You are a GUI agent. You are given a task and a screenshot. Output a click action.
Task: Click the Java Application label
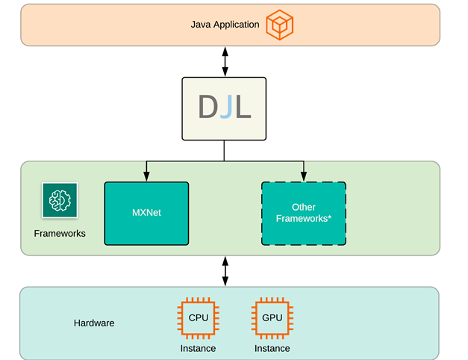225,25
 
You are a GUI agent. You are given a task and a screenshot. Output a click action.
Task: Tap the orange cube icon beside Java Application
280,25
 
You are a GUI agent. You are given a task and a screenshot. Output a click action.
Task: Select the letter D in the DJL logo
207,108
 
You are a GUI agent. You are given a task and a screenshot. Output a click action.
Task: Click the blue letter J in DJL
225,108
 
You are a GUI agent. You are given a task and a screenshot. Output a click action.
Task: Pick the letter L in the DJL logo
242,108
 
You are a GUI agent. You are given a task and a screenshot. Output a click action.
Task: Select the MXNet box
146,213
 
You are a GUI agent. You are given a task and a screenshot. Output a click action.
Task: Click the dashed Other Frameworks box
303,213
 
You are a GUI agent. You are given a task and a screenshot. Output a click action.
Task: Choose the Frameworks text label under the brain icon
60,234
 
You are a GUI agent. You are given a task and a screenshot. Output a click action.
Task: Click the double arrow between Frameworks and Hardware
225,271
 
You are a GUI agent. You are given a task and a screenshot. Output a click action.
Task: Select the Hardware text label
94,323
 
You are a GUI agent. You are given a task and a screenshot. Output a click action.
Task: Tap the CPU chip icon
198,318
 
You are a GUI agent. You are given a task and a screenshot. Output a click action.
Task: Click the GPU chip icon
272,318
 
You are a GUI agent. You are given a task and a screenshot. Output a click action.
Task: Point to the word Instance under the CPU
198,348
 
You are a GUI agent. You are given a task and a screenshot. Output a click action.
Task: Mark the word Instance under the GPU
272,348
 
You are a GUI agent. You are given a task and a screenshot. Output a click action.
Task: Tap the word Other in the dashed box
303,207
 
